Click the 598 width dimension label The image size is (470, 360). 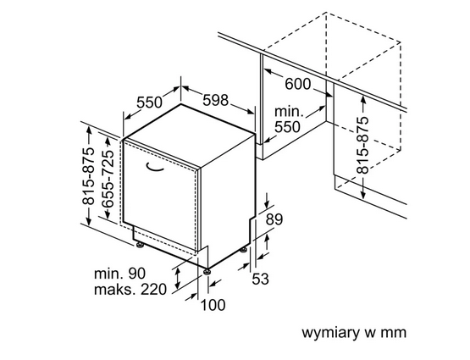tap(215, 100)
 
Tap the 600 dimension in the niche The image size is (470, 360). tap(297, 84)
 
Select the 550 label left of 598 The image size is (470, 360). tap(149, 102)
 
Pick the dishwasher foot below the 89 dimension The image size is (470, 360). tap(246, 249)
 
